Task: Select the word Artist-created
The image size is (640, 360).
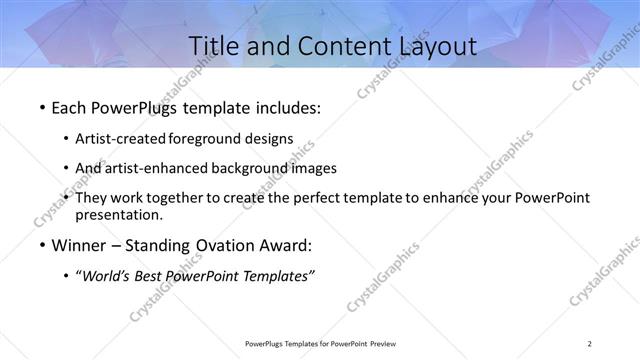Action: point(122,139)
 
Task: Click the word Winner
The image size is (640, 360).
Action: point(79,246)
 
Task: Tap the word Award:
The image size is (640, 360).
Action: point(285,246)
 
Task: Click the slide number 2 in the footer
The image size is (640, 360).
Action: point(590,344)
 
